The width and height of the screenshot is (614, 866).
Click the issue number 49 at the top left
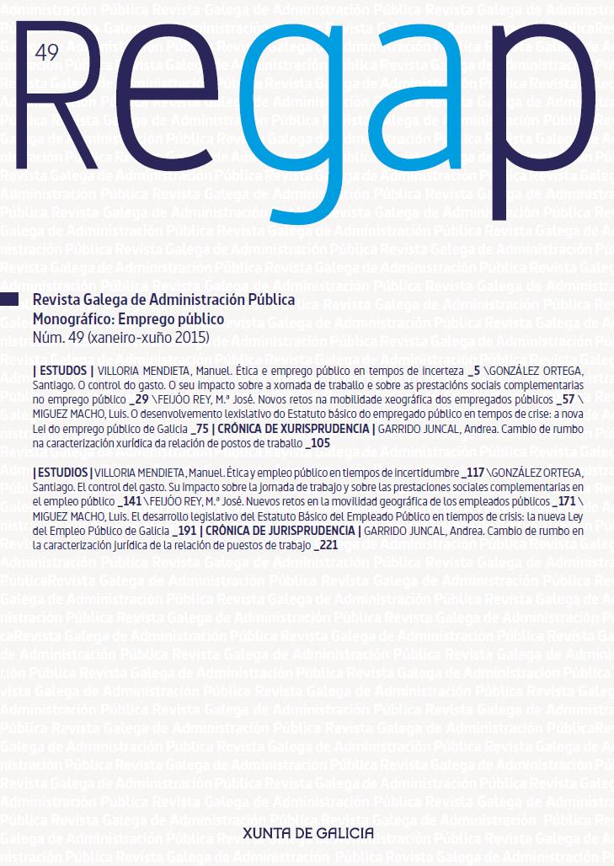click(46, 54)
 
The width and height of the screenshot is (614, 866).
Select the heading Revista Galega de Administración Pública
click(163, 300)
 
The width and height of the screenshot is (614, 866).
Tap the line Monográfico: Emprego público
click(127, 319)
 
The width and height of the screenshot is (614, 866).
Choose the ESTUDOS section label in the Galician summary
click(62, 371)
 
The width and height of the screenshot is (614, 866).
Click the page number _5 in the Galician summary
click(479, 371)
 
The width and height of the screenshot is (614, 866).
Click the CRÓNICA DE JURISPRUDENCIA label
click(280, 531)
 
